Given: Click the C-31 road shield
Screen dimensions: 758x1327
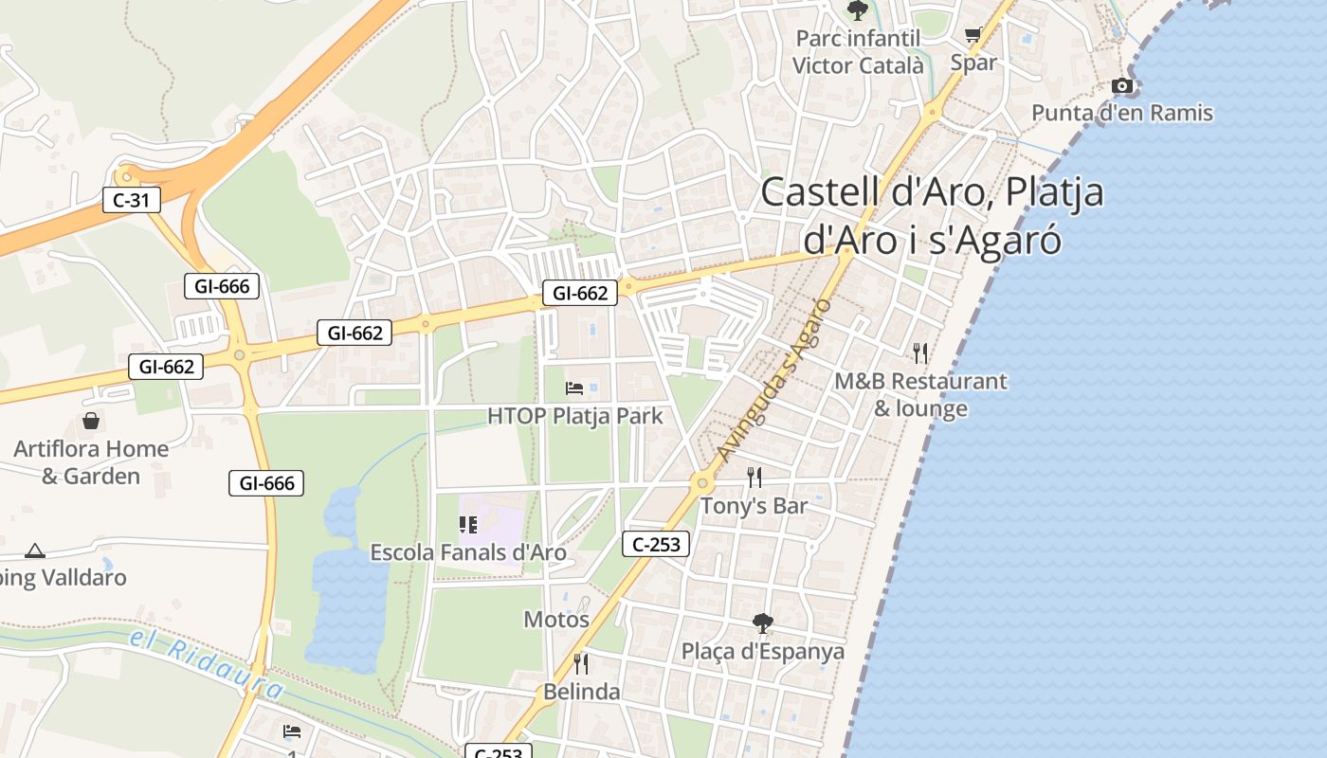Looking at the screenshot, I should (132, 200).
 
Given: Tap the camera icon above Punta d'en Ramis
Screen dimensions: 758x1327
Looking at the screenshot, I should (1122, 86).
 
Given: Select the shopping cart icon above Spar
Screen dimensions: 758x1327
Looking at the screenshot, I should (973, 36).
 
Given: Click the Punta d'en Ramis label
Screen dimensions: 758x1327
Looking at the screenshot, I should (1122, 113).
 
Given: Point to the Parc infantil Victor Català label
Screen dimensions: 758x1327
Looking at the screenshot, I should (858, 52).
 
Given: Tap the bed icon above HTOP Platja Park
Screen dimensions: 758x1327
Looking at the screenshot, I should (574, 388).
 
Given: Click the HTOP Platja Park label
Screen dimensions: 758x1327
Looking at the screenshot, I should (575, 415).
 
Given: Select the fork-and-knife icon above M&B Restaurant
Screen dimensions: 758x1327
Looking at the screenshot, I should (920, 353).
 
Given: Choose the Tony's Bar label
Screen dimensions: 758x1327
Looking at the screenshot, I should (754, 505).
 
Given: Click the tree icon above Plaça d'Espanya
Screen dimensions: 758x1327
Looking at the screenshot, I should (762, 623).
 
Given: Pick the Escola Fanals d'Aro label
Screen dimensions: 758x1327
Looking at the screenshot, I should (468, 552).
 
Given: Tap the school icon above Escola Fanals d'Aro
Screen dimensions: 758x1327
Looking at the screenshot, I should (467, 524).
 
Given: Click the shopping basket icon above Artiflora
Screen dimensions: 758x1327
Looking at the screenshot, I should (91, 420).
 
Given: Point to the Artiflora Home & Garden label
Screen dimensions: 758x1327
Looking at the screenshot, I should (91, 461).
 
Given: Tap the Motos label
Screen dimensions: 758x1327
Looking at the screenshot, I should (556, 620).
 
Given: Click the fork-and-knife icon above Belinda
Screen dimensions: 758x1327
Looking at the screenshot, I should (581, 663).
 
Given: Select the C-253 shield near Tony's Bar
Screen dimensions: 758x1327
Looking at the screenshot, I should (656, 544).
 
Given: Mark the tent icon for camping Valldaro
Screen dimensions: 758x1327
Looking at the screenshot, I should (35, 550).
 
